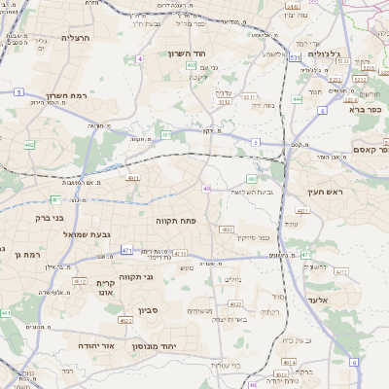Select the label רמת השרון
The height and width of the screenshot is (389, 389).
67,96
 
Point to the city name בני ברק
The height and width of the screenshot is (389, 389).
34,220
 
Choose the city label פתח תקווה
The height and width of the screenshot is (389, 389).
176,222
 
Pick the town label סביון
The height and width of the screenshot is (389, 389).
146,311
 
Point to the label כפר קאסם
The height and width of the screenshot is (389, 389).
370,149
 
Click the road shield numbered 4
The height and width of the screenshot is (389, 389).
140,59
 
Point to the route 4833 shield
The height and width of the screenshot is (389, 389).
226,230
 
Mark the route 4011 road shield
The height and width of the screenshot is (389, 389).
133,178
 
